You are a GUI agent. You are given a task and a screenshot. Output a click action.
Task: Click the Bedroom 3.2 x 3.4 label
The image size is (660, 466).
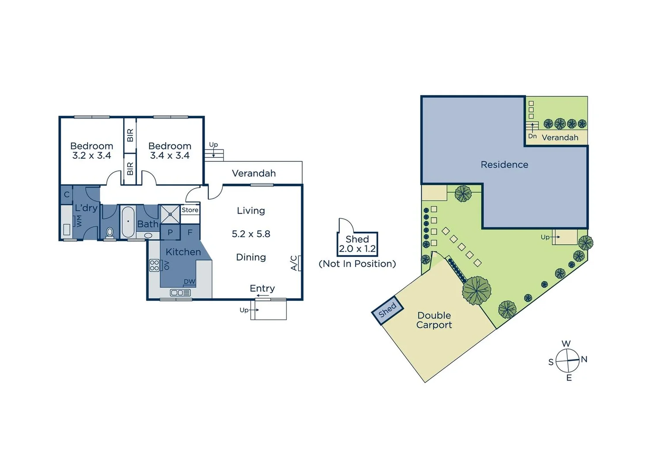click(92, 151)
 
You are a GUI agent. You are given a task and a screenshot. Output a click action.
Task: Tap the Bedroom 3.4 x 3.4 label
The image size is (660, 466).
click(170, 151)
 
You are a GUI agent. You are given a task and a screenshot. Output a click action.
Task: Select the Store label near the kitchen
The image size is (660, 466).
click(190, 210)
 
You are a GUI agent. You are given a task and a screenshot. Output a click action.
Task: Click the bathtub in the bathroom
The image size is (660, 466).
click(128, 222)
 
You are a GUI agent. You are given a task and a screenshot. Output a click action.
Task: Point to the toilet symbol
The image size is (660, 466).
click(110, 232)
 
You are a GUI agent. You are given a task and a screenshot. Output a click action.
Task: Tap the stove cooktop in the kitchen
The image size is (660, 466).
click(155, 265)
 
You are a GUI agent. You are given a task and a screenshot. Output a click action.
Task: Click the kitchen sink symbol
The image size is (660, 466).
click(180, 293)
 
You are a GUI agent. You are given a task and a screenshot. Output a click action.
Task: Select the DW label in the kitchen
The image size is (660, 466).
click(189, 281)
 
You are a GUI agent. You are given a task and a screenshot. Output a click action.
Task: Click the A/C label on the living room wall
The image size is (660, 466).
click(294, 263)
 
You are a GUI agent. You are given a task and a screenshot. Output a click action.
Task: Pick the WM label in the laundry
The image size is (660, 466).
click(79, 221)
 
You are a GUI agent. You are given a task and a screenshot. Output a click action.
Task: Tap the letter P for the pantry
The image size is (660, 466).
click(170, 232)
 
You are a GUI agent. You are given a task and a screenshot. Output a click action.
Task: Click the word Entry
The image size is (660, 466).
click(262, 288)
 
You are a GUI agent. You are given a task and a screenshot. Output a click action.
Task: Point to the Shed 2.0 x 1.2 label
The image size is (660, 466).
click(357, 244)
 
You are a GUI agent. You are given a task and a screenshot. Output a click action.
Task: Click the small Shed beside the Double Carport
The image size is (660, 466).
click(388, 309)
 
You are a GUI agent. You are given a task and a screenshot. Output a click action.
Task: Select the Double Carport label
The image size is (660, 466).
click(434, 320)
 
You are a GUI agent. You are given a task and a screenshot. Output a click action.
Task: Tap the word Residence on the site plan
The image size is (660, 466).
click(504, 164)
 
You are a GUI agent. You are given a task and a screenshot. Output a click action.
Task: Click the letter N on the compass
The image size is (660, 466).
click(584, 359)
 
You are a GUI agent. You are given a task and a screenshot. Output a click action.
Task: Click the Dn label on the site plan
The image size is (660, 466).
click(533, 136)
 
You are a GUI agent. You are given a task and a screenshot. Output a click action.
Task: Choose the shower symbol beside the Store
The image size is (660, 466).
click(171, 214)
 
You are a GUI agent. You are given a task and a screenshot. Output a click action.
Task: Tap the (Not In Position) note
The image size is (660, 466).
click(357, 264)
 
